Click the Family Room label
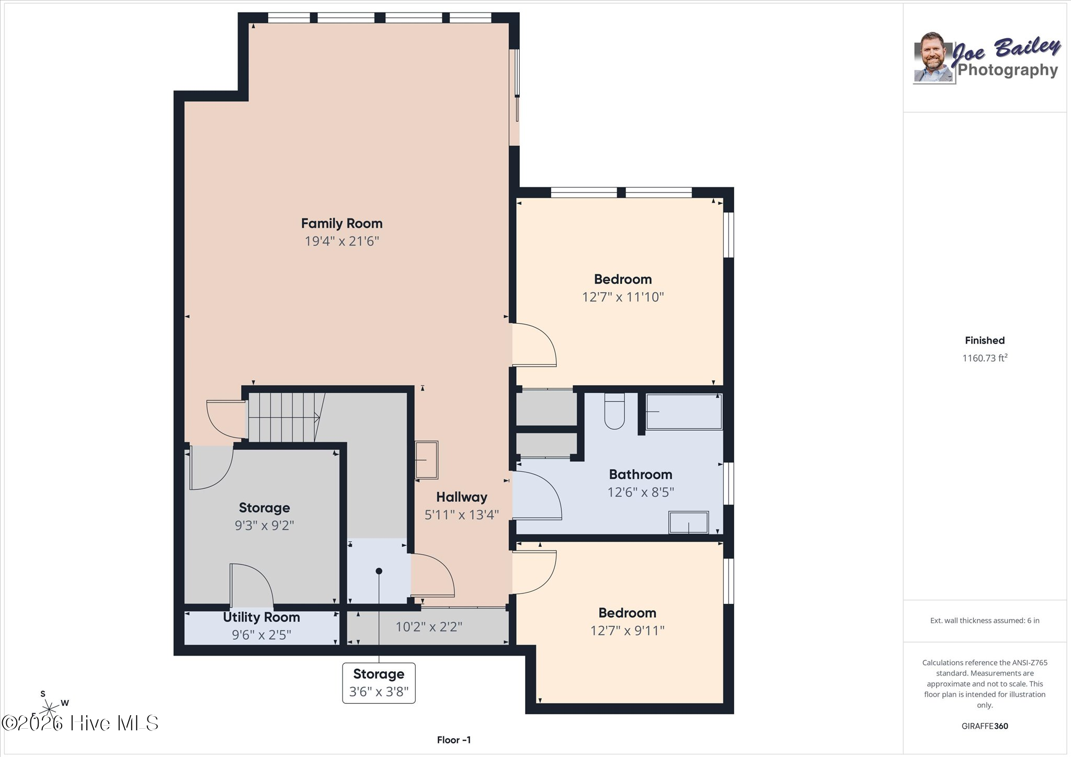[x=341, y=224]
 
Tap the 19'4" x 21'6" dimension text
[x=341, y=241]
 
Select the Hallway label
[x=462, y=497]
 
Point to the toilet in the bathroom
[x=614, y=411]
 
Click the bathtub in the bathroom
[x=684, y=411]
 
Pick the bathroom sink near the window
[x=689, y=522]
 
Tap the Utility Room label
[x=261, y=617]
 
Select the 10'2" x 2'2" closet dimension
[x=429, y=626]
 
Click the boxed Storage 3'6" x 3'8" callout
[x=379, y=683]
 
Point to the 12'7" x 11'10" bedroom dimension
[x=623, y=297]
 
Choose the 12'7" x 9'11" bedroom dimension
[x=627, y=630]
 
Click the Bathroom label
[x=641, y=475]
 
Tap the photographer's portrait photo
[x=935, y=58]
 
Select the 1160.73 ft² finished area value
[x=985, y=358]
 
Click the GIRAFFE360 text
[x=985, y=726]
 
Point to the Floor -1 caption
[x=454, y=740]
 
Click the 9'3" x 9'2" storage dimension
[x=264, y=525]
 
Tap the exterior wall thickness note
[x=985, y=621]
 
